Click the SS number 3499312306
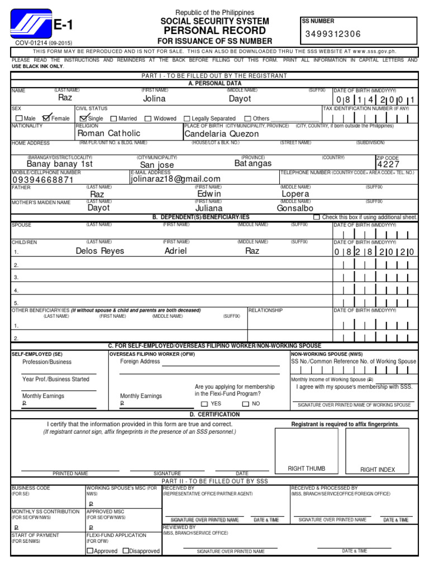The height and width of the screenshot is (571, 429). pos(333,35)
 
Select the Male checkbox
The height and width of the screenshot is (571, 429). pos(20,118)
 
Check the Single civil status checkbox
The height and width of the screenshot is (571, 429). pos(84,118)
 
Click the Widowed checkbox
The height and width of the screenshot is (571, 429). pos(148,119)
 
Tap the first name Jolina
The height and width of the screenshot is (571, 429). pos(154,99)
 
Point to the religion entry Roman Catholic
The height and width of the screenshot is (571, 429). pos(108,133)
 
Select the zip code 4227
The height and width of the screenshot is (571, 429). pos(388,164)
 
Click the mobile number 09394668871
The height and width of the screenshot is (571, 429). pos(42,180)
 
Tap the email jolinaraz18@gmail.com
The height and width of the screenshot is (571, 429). pos(175,179)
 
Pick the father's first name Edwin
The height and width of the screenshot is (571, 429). pos(209,194)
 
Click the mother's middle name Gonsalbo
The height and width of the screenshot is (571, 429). pos(296,208)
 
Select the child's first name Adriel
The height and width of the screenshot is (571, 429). pos(175,251)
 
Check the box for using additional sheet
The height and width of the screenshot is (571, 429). pos(332,217)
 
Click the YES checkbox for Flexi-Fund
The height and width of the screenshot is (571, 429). pos(204,404)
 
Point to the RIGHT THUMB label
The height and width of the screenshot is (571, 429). pos(306,468)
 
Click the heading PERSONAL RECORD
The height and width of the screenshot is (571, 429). pos(214,31)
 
